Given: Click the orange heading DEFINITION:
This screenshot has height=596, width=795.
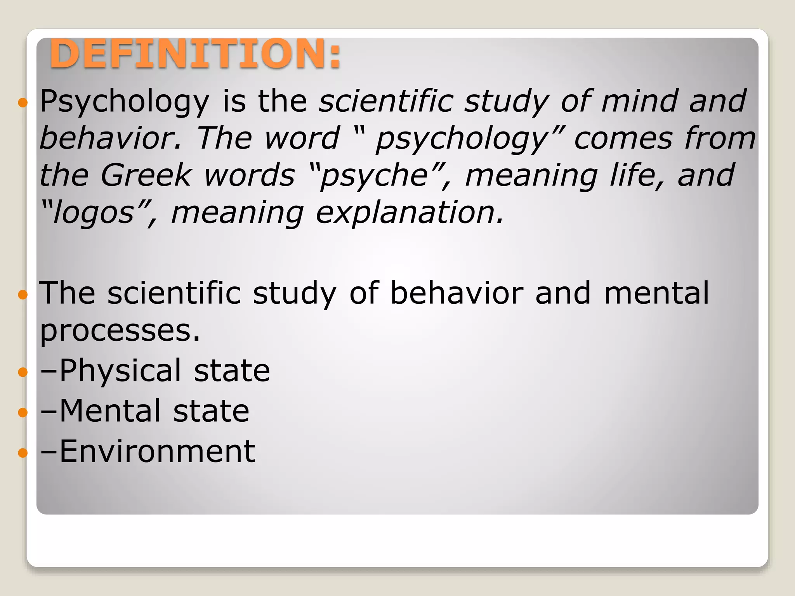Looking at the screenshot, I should coord(195,54).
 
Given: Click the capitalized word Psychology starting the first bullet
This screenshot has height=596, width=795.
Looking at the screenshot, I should coord(125,102).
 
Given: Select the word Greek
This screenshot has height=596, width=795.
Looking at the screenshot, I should coord(146,175).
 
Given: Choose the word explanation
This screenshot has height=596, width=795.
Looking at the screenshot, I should coord(410,213).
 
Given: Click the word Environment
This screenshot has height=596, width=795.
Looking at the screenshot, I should coord(157,452).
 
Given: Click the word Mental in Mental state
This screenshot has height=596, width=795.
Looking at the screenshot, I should coord(110,411).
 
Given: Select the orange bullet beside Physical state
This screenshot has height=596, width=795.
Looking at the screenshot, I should coord(23,372).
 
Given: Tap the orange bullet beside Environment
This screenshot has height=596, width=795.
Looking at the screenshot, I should coord(23,453).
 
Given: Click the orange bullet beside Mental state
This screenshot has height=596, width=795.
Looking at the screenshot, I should coord(23,412).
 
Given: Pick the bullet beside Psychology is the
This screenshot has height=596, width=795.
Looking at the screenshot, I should coord(23,103).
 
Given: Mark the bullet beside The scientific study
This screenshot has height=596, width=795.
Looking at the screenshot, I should coord(23,295).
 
